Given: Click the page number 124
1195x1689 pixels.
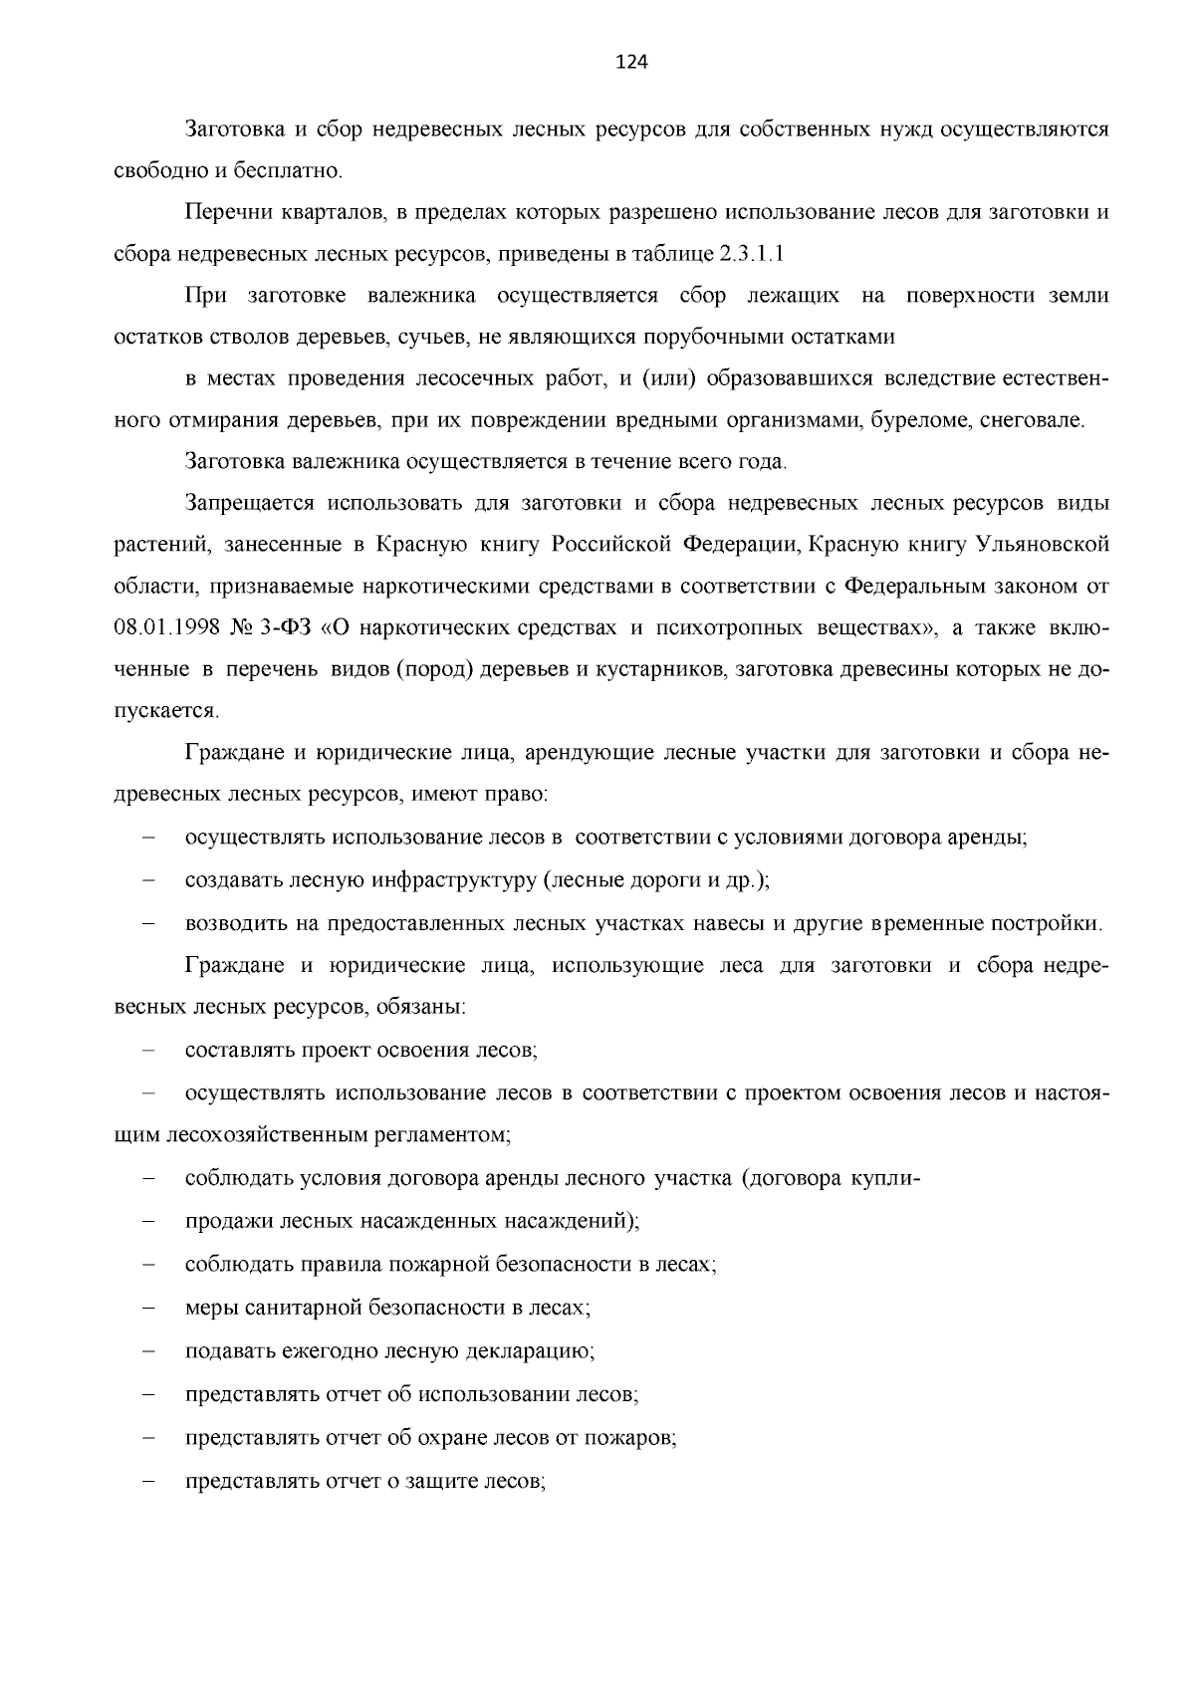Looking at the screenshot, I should click(631, 63).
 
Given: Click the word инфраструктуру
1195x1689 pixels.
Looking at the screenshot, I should click(455, 880).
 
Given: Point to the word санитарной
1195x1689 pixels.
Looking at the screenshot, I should click(300, 1308).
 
